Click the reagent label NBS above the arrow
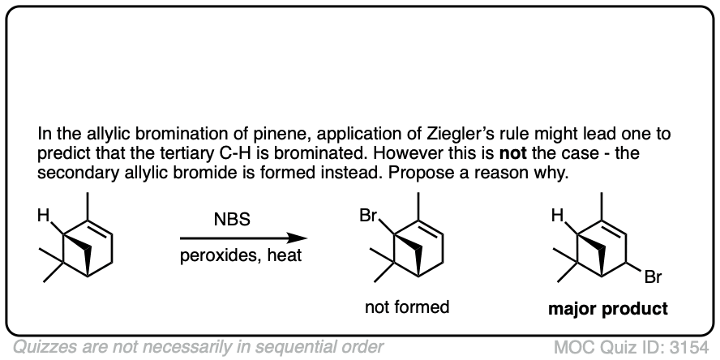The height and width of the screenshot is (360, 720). click(x=233, y=219)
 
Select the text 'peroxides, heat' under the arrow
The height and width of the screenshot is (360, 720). click(x=233, y=257)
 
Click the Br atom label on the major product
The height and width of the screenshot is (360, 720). click(x=654, y=278)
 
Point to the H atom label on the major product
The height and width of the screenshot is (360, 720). click(x=557, y=216)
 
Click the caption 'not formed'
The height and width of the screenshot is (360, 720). click(x=407, y=307)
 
